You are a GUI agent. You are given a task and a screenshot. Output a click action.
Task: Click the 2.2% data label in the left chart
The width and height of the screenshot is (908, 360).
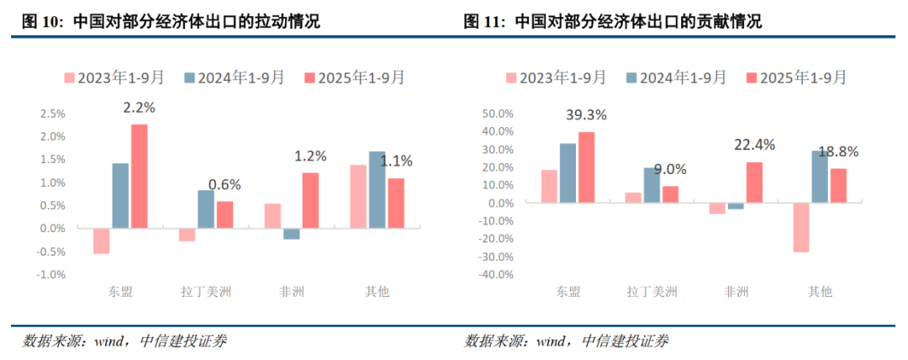click(x=139, y=108)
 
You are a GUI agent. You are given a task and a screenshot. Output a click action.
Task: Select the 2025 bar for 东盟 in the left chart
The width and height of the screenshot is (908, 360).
click(x=139, y=176)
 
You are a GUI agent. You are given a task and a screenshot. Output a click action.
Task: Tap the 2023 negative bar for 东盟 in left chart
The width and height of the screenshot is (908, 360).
click(x=102, y=241)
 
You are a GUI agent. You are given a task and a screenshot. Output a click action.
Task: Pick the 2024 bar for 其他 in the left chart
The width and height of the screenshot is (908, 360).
click(x=377, y=189)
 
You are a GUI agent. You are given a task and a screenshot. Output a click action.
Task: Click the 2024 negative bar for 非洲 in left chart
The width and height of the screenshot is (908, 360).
click(x=291, y=234)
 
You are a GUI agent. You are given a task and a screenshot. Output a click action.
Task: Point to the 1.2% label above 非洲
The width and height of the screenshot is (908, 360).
click(x=309, y=156)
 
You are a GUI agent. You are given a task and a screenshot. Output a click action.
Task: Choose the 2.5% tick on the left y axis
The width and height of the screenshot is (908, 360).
click(x=53, y=114)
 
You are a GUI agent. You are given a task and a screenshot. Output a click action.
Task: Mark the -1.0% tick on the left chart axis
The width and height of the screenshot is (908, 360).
click(x=51, y=274)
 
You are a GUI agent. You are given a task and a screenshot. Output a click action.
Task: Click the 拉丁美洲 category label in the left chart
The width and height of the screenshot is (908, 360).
click(x=206, y=292)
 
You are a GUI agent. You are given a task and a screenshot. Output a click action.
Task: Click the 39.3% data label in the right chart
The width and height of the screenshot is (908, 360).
click(x=586, y=115)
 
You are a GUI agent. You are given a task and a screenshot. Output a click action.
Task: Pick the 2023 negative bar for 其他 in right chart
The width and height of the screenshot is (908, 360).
click(x=801, y=227)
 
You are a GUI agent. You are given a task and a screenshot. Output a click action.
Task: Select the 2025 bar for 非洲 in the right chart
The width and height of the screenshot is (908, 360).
click(x=754, y=183)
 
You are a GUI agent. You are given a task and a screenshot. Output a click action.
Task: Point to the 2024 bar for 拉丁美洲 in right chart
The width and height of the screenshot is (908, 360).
click(x=652, y=185)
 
